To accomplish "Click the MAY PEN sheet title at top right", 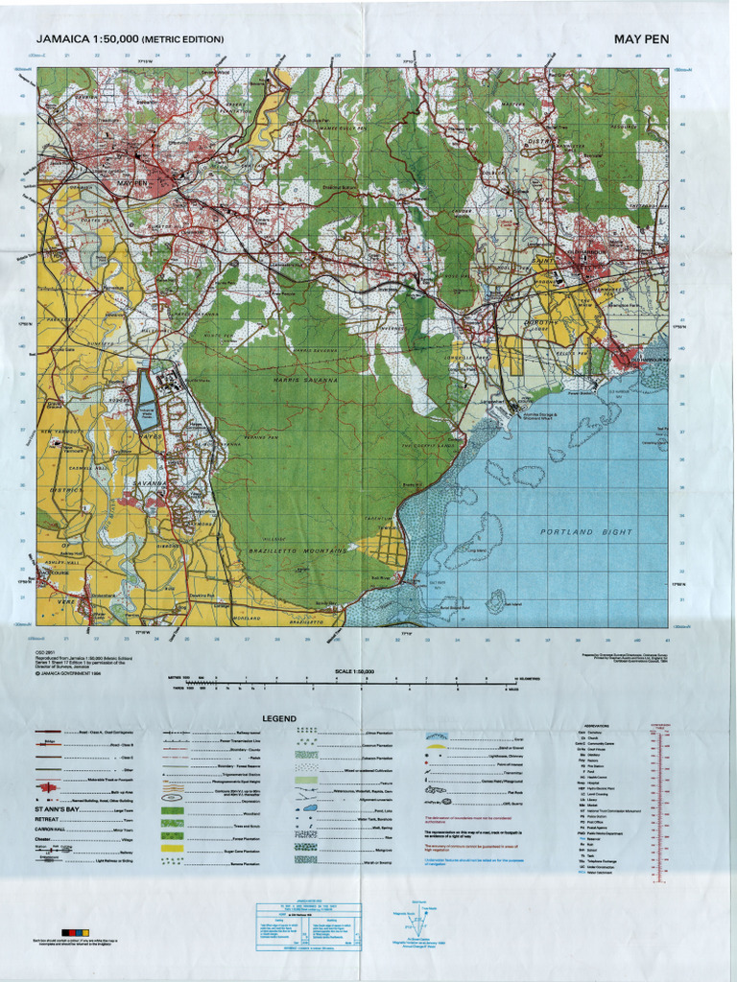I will [x=641, y=39].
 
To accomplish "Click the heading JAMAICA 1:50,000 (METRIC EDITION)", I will [x=130, y=39].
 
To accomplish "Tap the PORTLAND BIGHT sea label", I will [x=585, y=531].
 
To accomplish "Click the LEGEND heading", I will [x=279, y=718].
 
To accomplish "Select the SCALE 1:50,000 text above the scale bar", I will [x=354, y=672].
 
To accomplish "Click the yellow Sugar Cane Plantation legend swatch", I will [x=173, y=849].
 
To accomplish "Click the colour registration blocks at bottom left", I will [x=75, y=931].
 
